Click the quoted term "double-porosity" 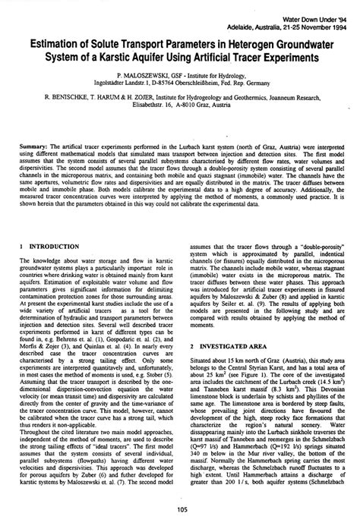(x=320, y=247)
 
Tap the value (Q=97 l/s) (x=206, y=462)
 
